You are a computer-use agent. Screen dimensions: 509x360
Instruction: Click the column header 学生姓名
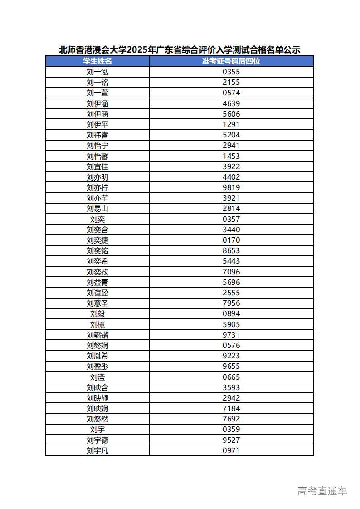coord(97,61)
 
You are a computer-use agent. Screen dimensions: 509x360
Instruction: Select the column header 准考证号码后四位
coord(231,61)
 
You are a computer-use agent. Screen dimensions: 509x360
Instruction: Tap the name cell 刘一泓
coord(97,72)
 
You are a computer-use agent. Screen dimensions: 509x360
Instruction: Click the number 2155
coord(231,82)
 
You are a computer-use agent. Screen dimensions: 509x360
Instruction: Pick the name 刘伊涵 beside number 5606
coord(97,114)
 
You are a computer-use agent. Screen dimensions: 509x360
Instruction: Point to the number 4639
coord(231,103)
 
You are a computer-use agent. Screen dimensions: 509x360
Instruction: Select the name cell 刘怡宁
coord(97,146)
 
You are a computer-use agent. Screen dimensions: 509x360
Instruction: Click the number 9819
coord(231,187)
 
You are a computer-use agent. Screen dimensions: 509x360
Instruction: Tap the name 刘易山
coord(97,209)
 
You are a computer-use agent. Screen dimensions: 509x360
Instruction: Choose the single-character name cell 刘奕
coord(97,219)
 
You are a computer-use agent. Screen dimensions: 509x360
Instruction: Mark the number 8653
coord(231,250)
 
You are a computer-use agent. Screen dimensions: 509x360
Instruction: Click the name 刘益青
coord(97,282)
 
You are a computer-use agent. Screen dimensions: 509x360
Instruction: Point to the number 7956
coord(231,303)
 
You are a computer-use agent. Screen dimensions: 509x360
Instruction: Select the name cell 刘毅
coord(97,313)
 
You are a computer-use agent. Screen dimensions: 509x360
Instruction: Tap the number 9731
coord(231,335)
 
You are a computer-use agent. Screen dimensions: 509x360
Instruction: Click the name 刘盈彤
coord(97,367)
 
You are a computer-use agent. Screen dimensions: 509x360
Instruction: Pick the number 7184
coord(231,408)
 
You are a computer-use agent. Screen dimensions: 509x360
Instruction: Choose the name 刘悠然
coord(97,419)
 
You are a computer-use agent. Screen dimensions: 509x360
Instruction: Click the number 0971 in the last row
coord(231,450)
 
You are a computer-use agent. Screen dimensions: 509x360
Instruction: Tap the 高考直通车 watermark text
coord(322,491)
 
